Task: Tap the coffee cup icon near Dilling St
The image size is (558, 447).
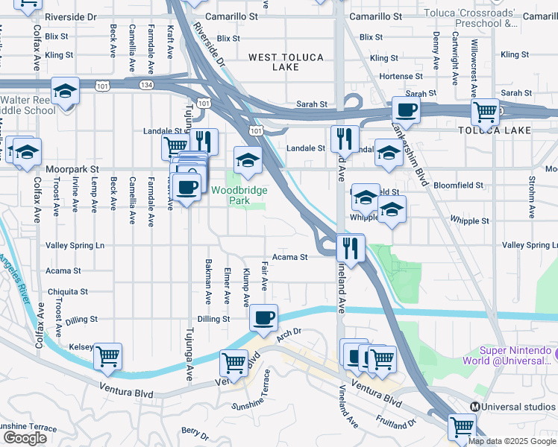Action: pos(263,318)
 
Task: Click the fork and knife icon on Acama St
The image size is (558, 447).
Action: pos(350,248)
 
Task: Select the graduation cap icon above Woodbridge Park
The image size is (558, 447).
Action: pos(248,158)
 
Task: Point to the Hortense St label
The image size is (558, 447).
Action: pos(395,76)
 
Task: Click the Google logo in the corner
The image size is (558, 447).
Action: pos(25,438)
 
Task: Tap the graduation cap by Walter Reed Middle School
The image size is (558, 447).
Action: pos(66,92)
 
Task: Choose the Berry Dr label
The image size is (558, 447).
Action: pos(194,431)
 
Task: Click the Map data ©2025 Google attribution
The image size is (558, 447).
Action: pos(512,441)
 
